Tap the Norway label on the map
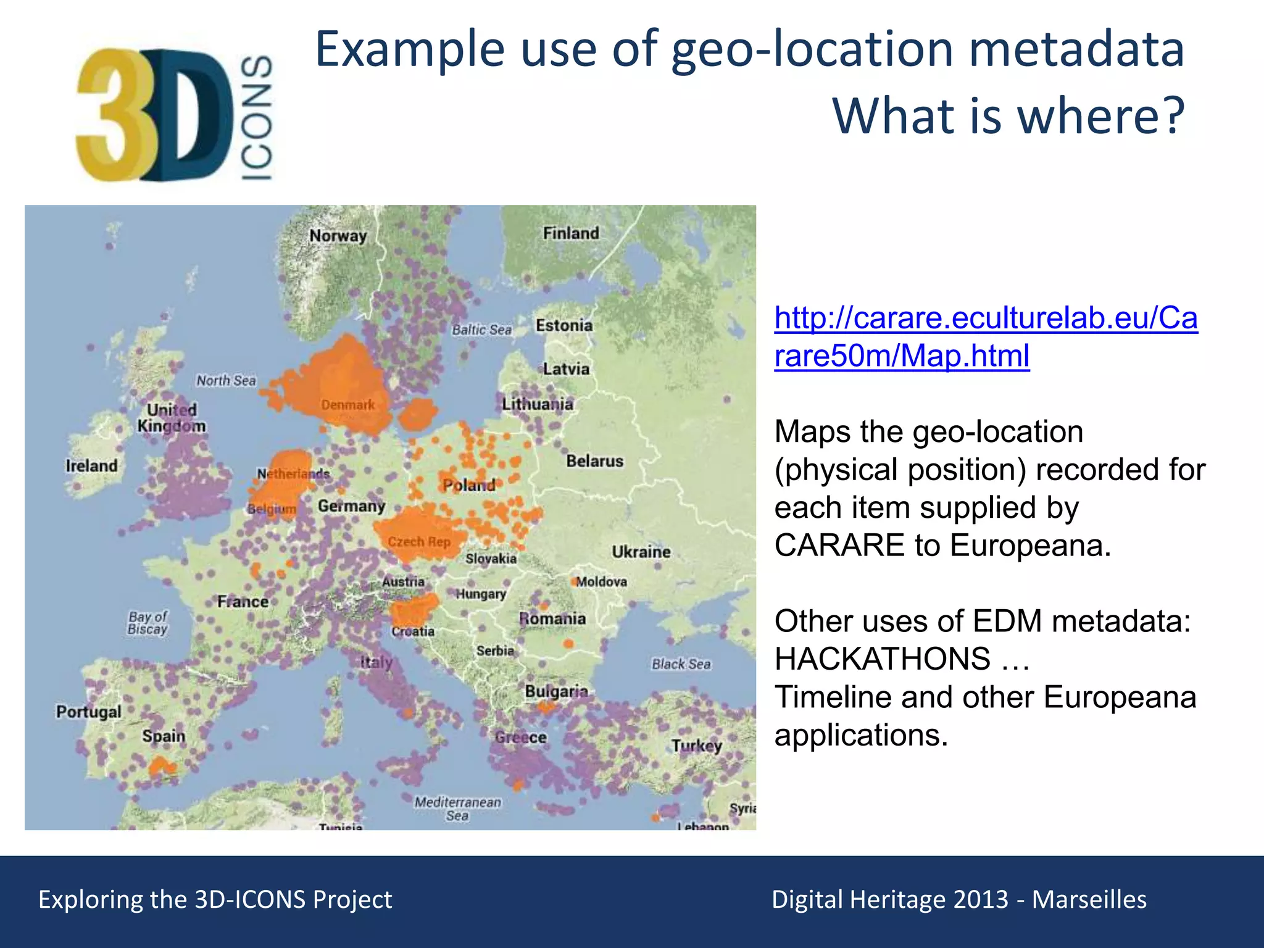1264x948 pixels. pyautogui.click(x=338, y=236)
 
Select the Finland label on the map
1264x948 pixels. pyautogui.click(x=571, y=233)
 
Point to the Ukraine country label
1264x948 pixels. pyautogui.click(x=641, y=552)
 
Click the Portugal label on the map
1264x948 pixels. pyautogui.click(x=89, y=712)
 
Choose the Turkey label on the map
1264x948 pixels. pyautogui.click(x=697, y=746)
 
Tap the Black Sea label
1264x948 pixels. pyautogui.click(x=681, y=664)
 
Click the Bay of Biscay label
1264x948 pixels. pyautogui.click(x=148, y=623)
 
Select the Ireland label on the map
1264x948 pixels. pyautogui.click(x=91, y=465)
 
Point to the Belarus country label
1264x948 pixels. pyautogui.click(x=594, y=461)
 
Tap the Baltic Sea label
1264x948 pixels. pyautogui.click(x=481, y=330)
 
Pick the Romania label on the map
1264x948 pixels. pyautogui.click(x=552, y=618)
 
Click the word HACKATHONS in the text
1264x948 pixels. pyautogui.click(x=883, y=659)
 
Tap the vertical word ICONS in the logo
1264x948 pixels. pyautogui.click(x=256, y=117)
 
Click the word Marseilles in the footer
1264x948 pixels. pyautogui.click(x=1089, y=899)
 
